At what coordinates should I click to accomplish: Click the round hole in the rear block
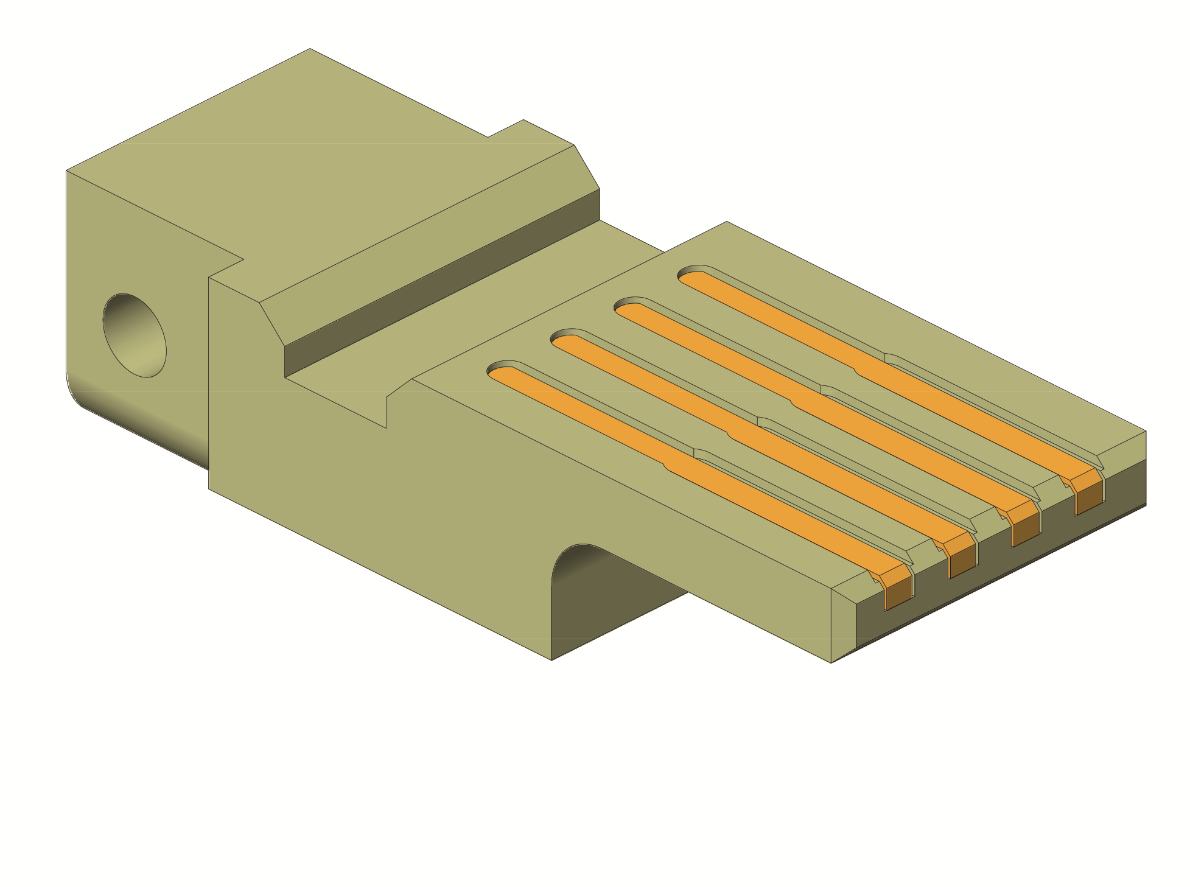coord(135,335)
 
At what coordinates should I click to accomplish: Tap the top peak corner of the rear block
coord(310,49)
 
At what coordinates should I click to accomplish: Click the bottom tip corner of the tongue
coord(831,662)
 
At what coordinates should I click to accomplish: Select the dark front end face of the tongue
coord(998,560)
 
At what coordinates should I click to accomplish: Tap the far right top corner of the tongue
coord(1146,432)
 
